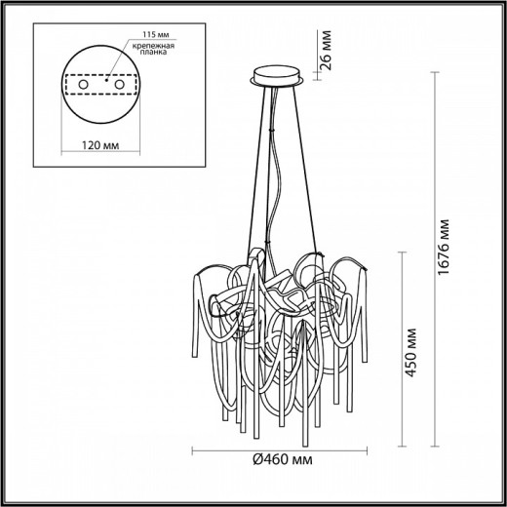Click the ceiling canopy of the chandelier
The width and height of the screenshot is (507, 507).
[276, 75]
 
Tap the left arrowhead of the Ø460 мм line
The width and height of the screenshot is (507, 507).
[193, 451]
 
